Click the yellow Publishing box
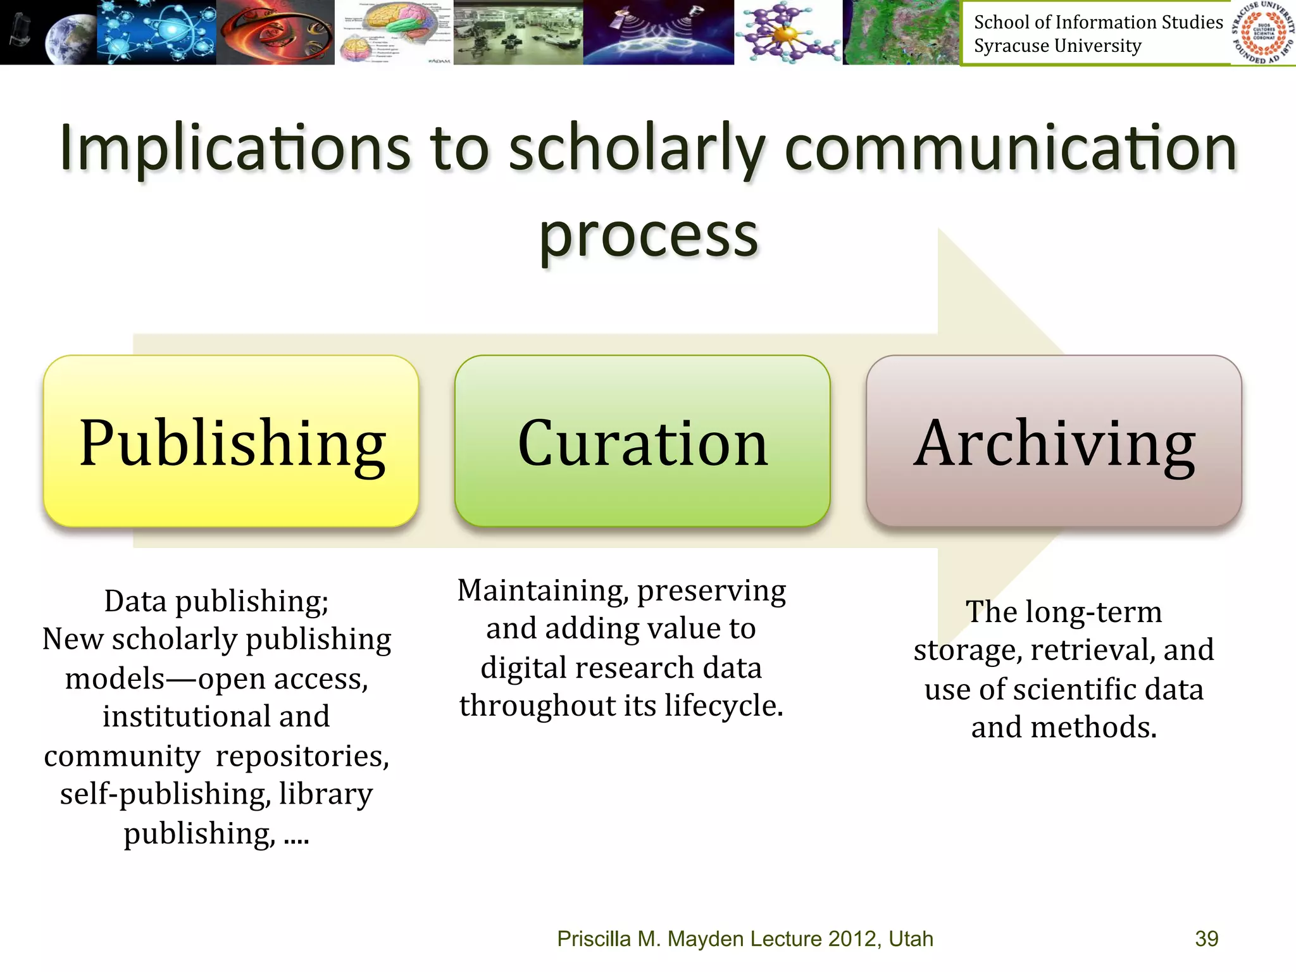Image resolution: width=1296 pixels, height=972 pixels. point(231,441)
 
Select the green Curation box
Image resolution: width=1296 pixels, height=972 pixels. point(642,441)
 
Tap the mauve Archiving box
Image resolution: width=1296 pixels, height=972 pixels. point(1054,441)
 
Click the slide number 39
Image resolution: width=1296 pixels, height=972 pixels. point(1206,938)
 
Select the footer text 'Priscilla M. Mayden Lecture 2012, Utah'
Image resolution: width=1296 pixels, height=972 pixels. point(745,938)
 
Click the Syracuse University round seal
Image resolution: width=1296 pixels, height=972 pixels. point(1263,32)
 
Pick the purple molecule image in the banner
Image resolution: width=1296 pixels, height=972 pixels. point(788,32)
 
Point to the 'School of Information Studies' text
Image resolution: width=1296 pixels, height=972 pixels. point(1098,22)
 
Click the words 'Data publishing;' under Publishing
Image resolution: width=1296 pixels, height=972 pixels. point(216,601)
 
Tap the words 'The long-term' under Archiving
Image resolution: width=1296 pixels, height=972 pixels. point(1064,612)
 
